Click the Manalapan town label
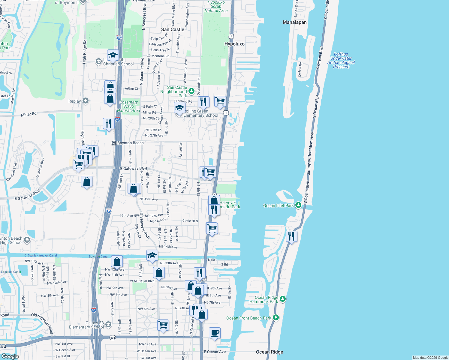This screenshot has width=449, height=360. (294, 22)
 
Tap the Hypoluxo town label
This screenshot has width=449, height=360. (234, 44)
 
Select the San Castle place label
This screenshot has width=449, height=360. (173, 29)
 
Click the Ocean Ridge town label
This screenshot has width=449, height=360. (269, 352)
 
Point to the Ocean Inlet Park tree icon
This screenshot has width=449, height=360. (298, 205)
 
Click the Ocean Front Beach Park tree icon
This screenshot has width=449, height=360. (276, 318)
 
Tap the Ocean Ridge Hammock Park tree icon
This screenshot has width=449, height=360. (283, 299)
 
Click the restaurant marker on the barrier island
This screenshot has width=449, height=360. (291, 236)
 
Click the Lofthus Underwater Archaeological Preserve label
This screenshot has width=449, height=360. (341, 60)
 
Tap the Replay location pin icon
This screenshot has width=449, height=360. (86, 101)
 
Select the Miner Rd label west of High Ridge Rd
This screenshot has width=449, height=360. (29, 114)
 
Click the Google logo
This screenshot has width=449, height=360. (10, 356)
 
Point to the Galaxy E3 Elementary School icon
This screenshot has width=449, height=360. (108, 324)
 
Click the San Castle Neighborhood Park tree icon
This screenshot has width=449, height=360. (191, 91)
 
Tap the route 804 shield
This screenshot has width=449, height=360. (112, 337)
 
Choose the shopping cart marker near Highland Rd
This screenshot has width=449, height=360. (220, 101)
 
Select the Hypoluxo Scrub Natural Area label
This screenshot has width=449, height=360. (216, 6)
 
